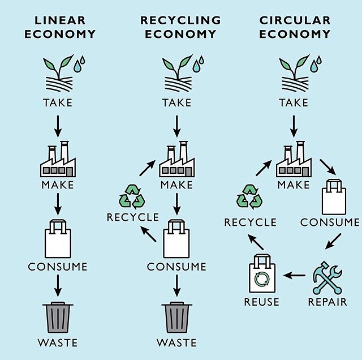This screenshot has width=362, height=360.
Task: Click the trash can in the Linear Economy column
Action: pyautogui.click(x=58, y=317)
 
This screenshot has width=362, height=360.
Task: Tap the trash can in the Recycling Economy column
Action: pyautogui.click(x=176, y=317)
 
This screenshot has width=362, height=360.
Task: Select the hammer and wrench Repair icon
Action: pyautogui.click(x=327, y=278)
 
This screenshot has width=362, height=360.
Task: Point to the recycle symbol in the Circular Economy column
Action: pyautogui.click(x=249, y=197)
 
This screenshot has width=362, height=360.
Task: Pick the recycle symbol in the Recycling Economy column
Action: pyautogui.click(x=132, y=196)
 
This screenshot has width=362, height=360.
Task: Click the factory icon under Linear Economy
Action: pyautogui.click(x=58, y=159)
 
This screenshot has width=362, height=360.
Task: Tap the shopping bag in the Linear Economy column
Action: pyautogui.click(x=58, y=239)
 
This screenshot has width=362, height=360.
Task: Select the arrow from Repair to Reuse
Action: pyautogui.click(x=294, y=275)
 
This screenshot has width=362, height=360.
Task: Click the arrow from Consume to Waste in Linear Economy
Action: pyautogui.click(x=58, y=286)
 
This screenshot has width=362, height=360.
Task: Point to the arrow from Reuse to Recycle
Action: pyautogui.click(x=255, y=242)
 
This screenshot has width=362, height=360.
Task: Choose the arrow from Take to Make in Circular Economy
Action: pyautogui.click(x=294, y=126)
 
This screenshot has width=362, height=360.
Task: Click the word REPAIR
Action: pyautogui.click(x=327, y=302)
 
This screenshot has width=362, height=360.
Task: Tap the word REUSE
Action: pyautogui.click(x=261, y=302)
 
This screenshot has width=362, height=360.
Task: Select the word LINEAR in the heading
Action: pyautogui.click(x=60, y=20)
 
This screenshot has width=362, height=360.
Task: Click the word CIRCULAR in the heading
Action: pyautogui.click(x=295, y=20)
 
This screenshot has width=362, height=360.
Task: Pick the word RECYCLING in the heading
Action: pyautogui.click(x=180, y=20)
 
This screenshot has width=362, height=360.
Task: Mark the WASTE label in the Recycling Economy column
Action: pyautogui.click(x=176, y=342)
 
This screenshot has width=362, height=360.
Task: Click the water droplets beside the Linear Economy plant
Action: pyautogui.click(x=79, y=64)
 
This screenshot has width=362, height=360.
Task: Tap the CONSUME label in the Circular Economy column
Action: pyautogui.click(x=330, y=222)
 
